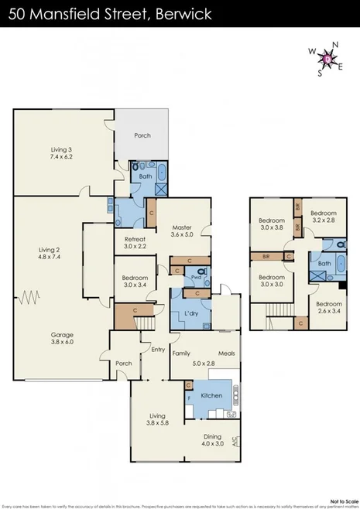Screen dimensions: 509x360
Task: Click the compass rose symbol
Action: (x=328, y=58)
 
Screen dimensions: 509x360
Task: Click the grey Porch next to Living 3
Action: (x=142, y=135)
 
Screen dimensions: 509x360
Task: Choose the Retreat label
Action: (x=135, y=243)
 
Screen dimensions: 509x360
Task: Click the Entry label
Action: (x=158, y=350)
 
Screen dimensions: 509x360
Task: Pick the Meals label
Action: (x=226, y=354)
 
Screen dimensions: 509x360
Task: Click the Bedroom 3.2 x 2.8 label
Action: (x=323, y=217)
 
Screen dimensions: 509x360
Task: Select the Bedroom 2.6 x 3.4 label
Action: (x=329, y=308)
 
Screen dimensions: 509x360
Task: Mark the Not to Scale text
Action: (x=341, y=500)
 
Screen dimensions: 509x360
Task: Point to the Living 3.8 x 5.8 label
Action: (x=157, y=418)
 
